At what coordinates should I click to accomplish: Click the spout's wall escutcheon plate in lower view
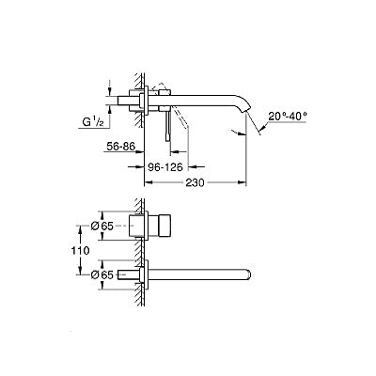145,275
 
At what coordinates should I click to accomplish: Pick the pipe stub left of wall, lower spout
131,275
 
